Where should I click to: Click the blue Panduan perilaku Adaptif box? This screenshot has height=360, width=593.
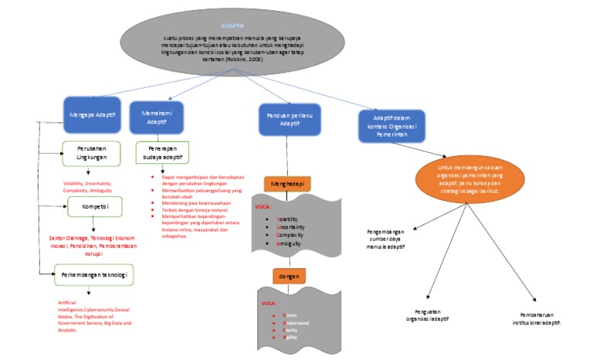(x=290, y=120)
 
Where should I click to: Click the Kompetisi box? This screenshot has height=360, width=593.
(x=92, y=207)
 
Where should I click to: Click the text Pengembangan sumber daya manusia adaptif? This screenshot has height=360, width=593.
(x=387, y=239)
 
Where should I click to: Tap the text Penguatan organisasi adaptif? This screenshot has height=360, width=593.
(x=427, y=315)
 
